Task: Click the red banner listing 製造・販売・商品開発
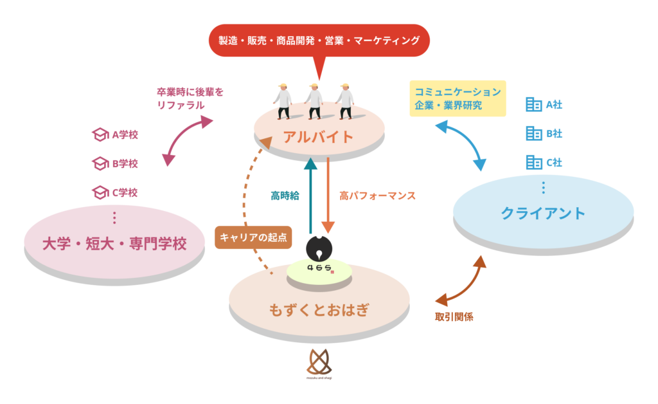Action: click(319, 41)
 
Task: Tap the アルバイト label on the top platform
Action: click(319, 136)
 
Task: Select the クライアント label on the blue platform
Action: click(543, 213)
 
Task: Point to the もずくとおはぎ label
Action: click(319, 310)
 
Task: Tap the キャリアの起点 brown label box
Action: click(253, 237)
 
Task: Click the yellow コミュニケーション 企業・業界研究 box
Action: click(458, 98)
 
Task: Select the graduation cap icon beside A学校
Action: click(100, 135)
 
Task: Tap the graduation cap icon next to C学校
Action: click(100, 192)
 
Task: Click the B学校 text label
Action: click(125, 163)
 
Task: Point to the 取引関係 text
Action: click(454, 317)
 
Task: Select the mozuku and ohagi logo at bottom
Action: click(319, 364)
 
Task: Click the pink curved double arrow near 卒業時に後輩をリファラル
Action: click(190, 140)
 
